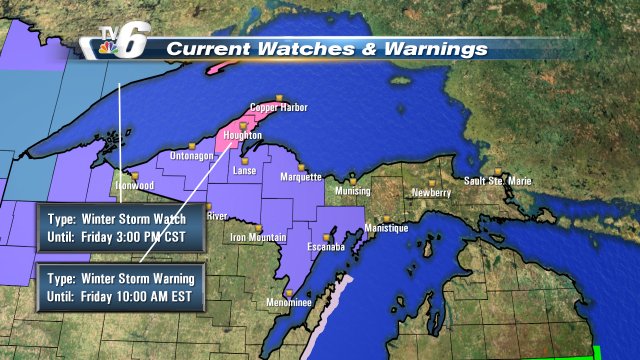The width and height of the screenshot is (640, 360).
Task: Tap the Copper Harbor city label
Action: coord(277,107)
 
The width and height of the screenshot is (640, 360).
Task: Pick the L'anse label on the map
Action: coord(244,171)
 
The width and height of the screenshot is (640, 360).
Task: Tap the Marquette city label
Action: coord(299,177)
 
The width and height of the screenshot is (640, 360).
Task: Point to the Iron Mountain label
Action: coord(259,237)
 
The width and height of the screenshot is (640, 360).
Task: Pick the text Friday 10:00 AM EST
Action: coord(140,296)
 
